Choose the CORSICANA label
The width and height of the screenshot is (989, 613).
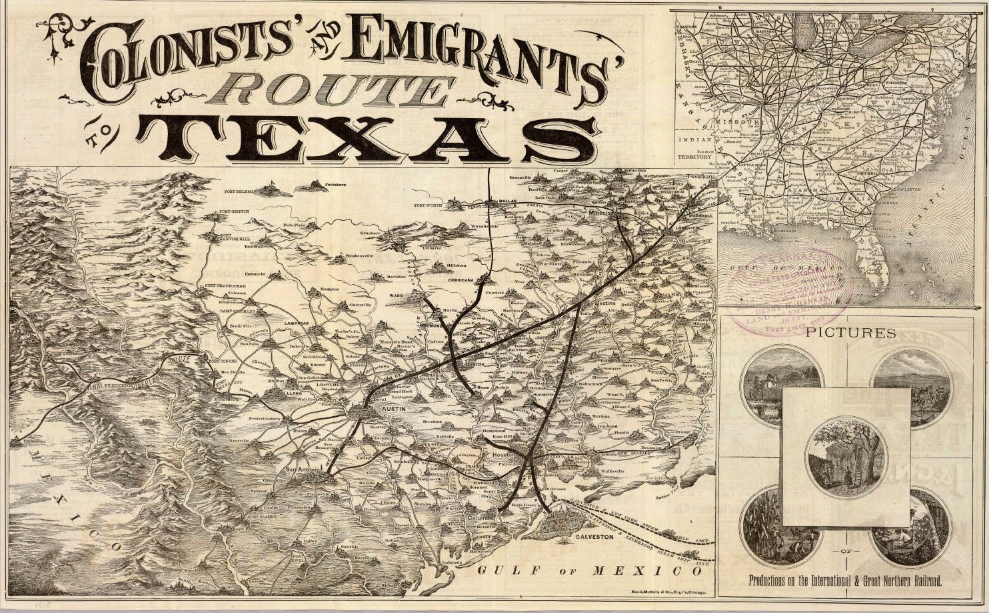pyautogui.click(x=469, y=281)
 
